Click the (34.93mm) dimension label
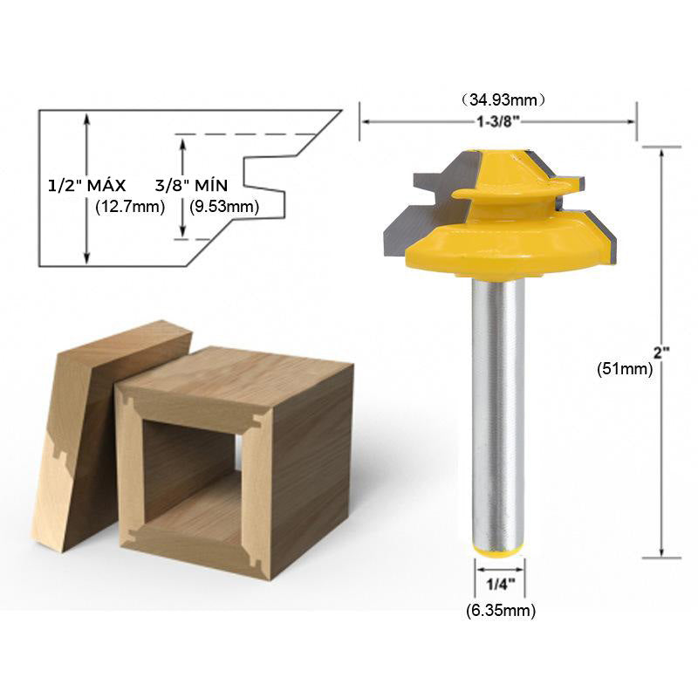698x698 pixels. tap(503, 99)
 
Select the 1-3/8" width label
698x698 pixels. tap(498, 121)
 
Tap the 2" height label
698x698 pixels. tap(661, 352)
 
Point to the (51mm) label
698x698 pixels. tap(625, 368)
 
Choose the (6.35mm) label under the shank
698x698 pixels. tap(501, 610)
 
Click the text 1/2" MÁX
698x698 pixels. tap(86, 185)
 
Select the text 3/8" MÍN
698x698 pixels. tap(191, 185)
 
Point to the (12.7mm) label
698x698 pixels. tap(130, 207)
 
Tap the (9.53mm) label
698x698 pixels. tap(224, 207)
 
